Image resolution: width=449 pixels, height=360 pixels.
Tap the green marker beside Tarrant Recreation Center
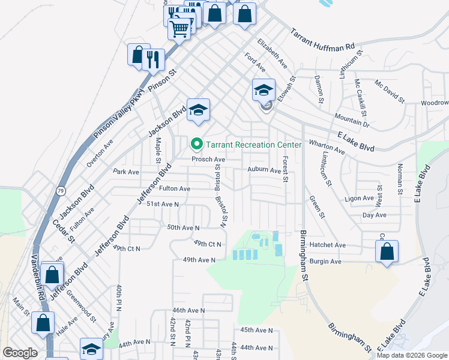point(196,145)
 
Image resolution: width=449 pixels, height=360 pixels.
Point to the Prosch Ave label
point(208,160)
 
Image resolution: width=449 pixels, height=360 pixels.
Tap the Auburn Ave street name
point(264,170)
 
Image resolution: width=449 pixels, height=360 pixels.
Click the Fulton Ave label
point(175,189)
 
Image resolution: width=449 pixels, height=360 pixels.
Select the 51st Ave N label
point(163,205)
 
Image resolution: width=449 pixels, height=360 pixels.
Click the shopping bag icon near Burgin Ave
point(387,251)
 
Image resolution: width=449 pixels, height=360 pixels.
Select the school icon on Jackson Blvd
point(198,110)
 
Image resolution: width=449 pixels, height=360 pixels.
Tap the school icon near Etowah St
point(264,91)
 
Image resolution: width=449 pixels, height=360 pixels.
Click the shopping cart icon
point(179,28)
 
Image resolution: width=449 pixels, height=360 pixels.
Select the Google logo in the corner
point(20,352)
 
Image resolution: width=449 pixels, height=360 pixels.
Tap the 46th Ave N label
point(188,311)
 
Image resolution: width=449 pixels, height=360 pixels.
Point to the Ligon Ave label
point(360,198)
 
